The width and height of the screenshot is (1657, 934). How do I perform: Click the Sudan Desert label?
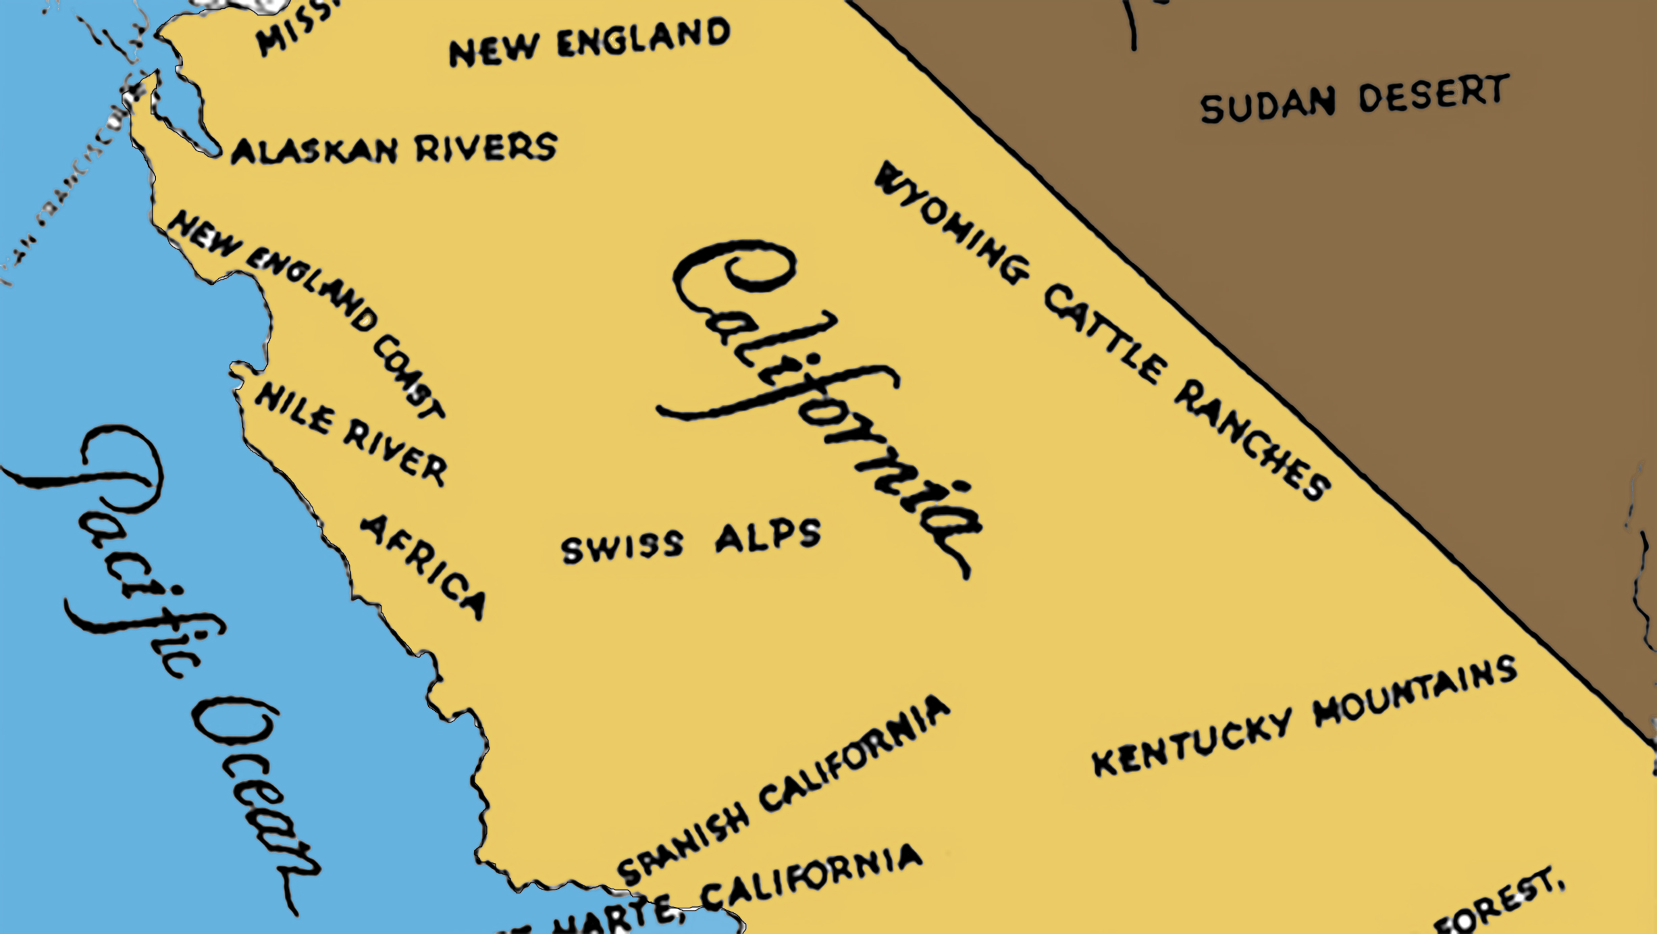point(1354,100)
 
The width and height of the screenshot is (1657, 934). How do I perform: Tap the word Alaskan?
point(315,151)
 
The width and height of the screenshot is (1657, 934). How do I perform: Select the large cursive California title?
point(817,398)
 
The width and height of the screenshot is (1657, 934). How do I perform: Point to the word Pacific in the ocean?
point(128,547)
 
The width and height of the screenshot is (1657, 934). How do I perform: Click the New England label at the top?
point(589,42)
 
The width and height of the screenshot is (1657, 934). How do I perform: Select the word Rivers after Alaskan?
point(486,147)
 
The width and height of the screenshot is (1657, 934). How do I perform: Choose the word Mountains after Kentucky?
point(1415,692)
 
